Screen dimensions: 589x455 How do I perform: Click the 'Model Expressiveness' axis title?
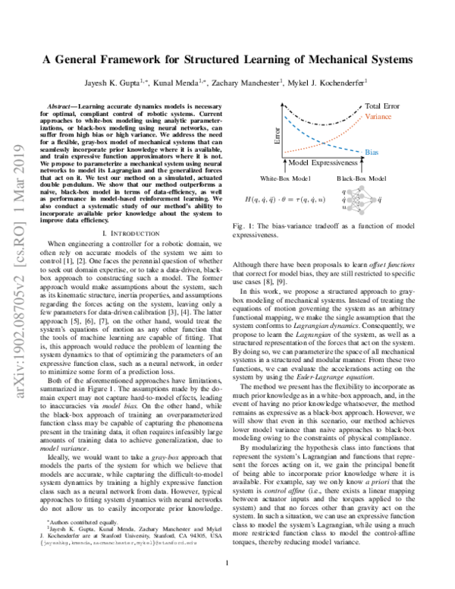pyautogui.click(x=306, y=163)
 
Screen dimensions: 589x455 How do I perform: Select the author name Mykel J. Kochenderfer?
pyautogui.click(x=331, y=81)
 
